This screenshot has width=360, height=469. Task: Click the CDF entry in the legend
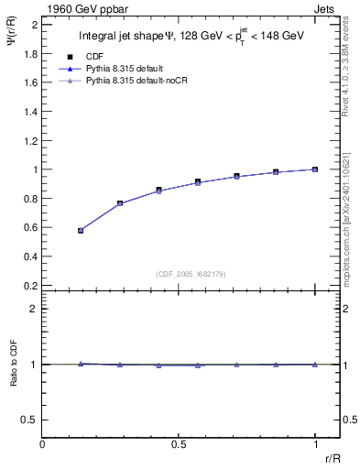click(95, 55)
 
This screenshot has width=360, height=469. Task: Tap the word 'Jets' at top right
click(327, 7)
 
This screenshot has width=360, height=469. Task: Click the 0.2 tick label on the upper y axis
click(31, 286)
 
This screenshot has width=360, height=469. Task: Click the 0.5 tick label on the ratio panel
click(31, 420)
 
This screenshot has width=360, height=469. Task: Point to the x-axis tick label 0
click(42, 444)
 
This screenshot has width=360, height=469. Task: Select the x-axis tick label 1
click(315, 444)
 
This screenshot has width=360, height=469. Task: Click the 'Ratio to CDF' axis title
click(13, 378)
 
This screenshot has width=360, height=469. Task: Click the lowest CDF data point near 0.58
click(81, 231)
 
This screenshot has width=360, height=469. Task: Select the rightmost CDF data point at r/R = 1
click(315, 169)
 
